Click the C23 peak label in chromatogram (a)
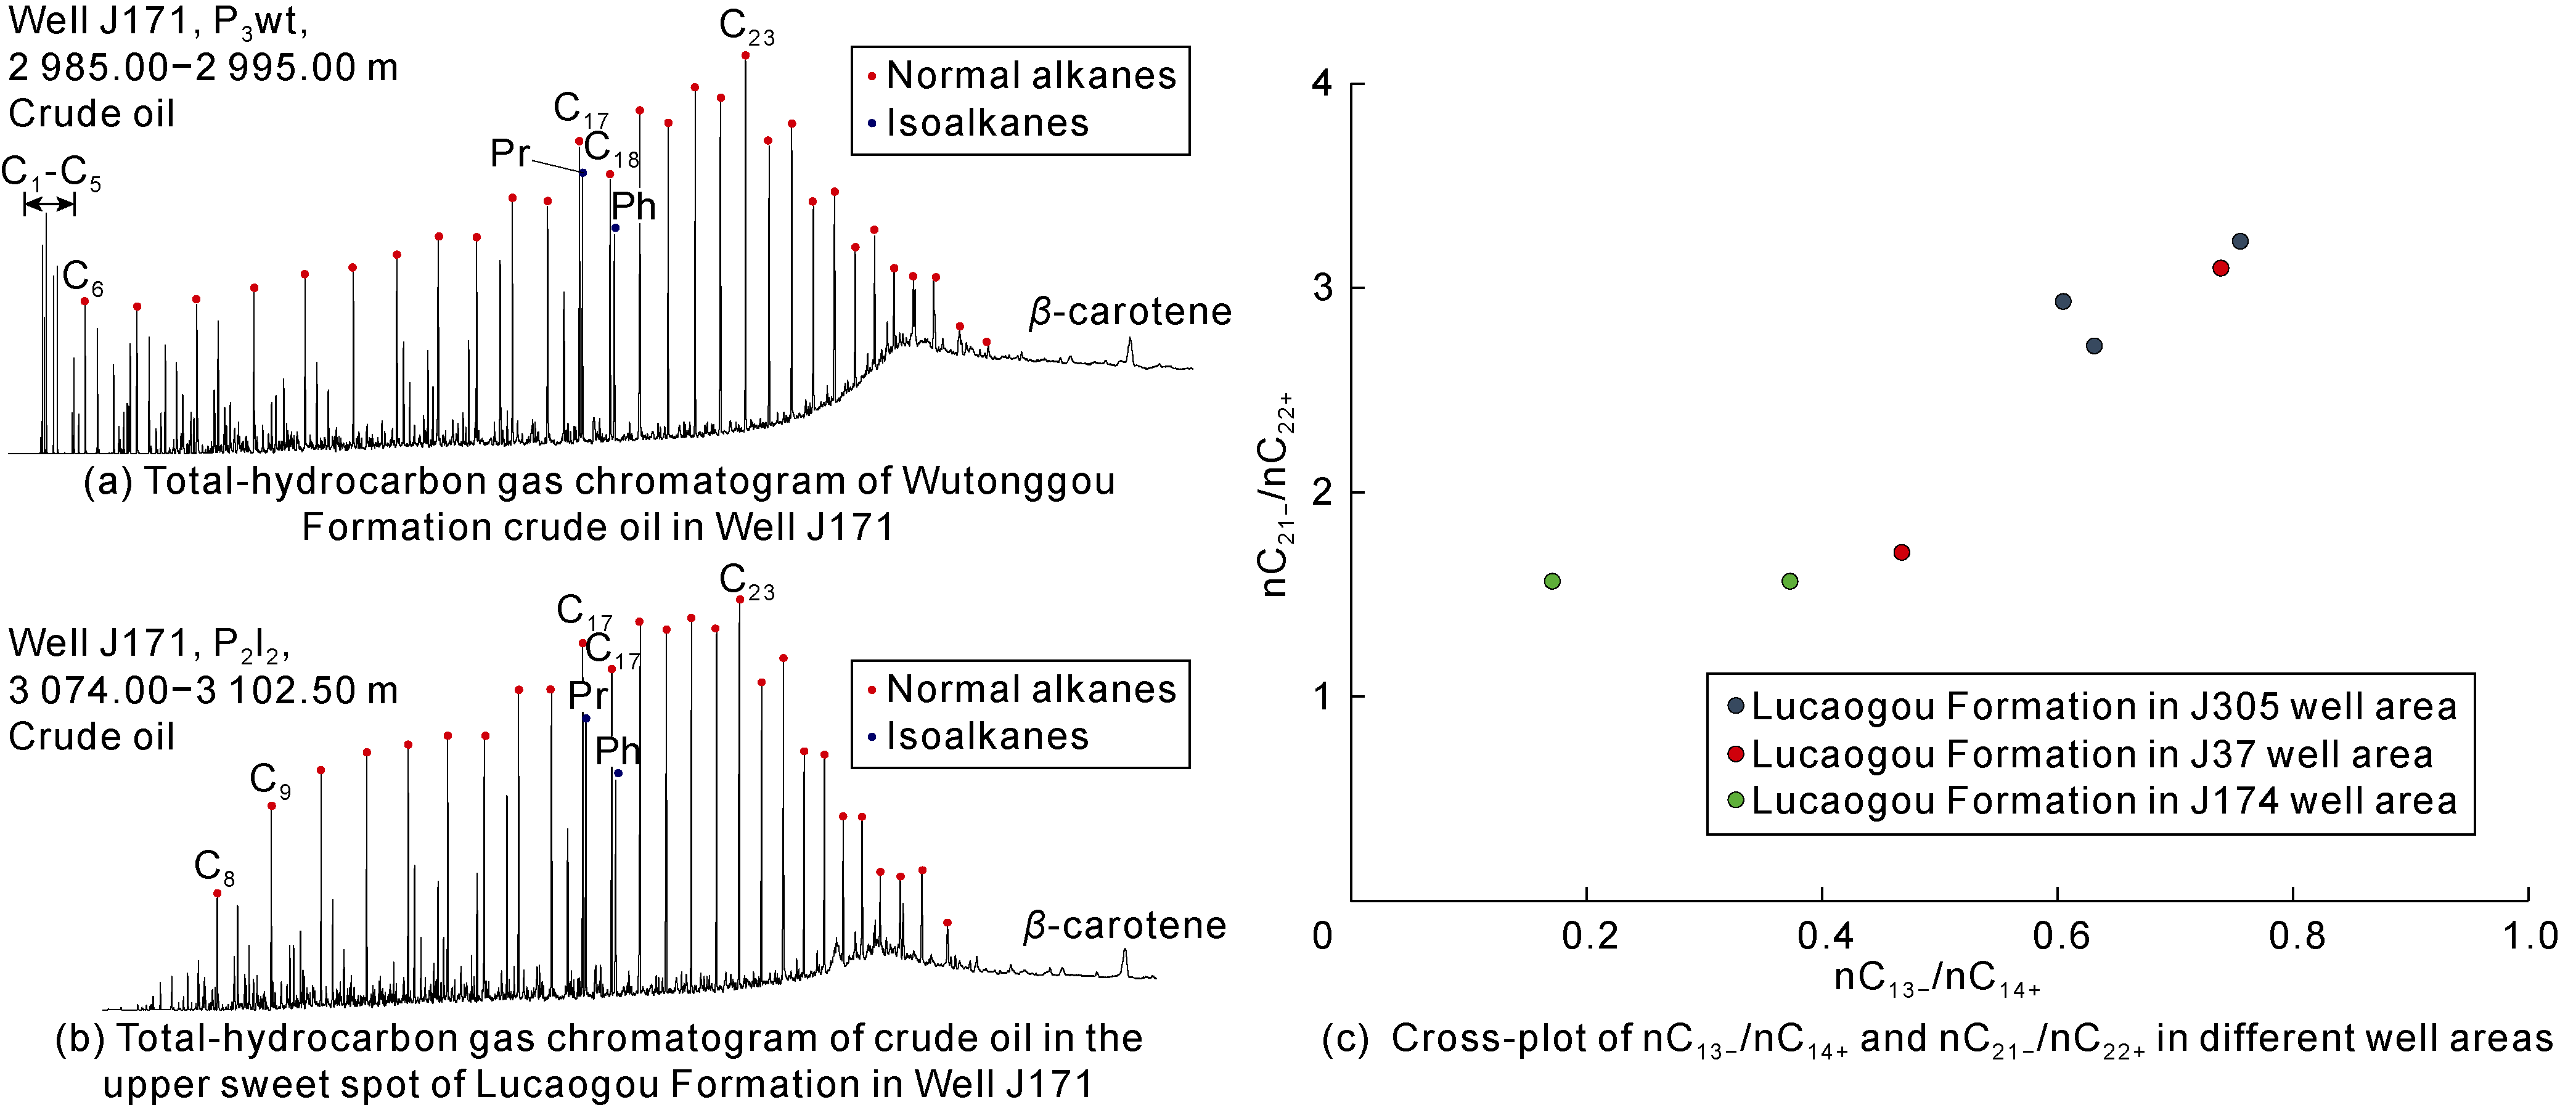click(x=746, y=27)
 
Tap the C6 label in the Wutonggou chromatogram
click(x=81, y=278)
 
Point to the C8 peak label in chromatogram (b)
click(x=214, y=868)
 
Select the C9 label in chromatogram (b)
click(x=269, y=780)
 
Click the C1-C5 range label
click(x=51, y=173)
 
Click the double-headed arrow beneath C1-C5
click(x=49, y=205)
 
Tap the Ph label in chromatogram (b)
click(x=617, y=750)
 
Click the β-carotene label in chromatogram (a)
click(x=1130, y=312)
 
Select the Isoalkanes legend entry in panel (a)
click(x=987, y=123)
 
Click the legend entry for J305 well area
click(x=2103, y=706)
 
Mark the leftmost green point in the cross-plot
click(x=1552, y=581)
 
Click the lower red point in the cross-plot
click(x=1901, y=552)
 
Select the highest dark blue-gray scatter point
click(x=2240, y=242)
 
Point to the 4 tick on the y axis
click(x=1322, y=83)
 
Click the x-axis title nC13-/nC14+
click(x=1937, y=979)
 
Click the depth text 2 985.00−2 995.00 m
click(x=203, y=68)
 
